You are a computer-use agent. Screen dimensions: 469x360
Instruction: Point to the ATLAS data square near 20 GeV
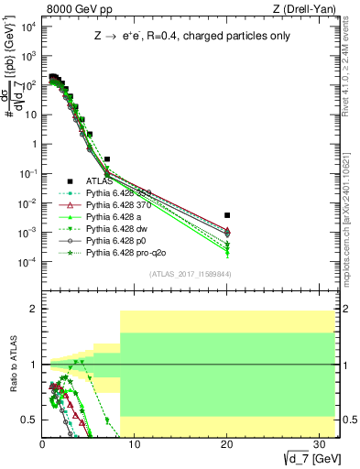227,215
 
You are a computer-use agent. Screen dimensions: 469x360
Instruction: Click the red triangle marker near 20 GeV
227,232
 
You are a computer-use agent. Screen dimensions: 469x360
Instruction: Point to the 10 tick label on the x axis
134,444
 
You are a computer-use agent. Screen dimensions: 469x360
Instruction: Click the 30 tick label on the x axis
319,444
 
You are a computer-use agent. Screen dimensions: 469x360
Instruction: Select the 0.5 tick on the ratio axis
30,420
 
